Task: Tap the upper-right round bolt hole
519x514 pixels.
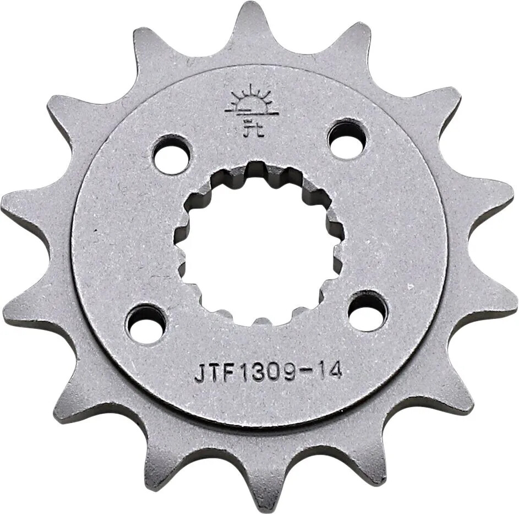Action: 347,139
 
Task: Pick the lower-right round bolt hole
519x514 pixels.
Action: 367,311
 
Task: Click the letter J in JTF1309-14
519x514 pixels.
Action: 200,374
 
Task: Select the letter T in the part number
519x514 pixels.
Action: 215,374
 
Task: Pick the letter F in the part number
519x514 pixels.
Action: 230,374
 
